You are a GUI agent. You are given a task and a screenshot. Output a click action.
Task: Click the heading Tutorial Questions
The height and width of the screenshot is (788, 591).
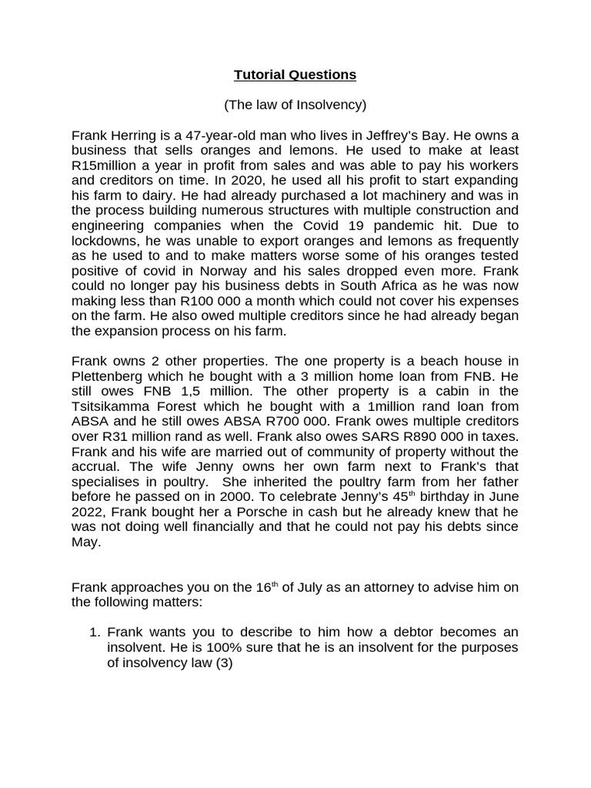[295, 75]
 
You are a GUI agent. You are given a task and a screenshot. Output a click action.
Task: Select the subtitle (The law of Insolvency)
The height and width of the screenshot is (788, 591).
[295, 104]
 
